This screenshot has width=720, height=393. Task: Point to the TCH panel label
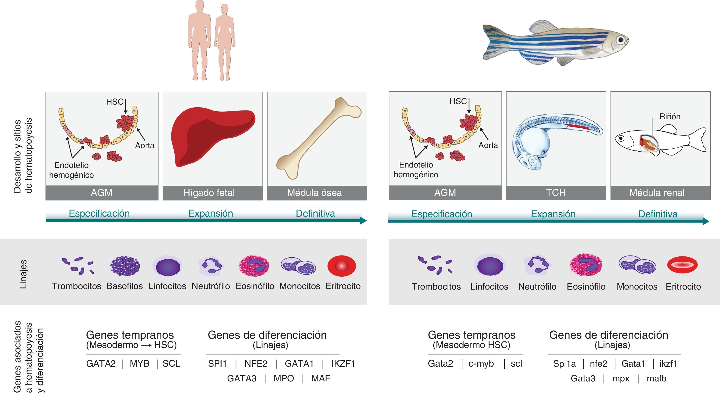(556, 193)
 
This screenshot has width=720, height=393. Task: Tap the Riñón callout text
(670, 117)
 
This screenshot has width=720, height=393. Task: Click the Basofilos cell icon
(125, 266)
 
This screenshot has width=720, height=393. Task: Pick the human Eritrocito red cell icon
(341, 265)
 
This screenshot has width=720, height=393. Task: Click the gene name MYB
(139, 363)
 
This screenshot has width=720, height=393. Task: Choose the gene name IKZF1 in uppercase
(343, 363)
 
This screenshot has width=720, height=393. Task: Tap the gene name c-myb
(481, 363)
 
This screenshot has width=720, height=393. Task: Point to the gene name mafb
(656, 378)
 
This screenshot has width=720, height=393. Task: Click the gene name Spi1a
(564, 363)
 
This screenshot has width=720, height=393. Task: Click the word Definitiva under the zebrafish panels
(658, 214)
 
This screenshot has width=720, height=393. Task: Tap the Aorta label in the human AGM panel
(145, 145)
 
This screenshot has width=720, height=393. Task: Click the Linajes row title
(23, 274)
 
